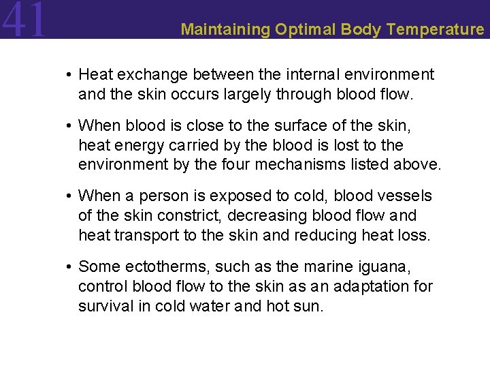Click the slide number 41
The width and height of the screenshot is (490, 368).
[x=24, y=20]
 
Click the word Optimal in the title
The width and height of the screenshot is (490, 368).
[x=302, y=29]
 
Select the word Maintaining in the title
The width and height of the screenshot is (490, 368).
[x=226, y=29]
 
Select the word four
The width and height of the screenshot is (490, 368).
[x=265, y=164]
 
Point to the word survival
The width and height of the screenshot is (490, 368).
[x=103, y=306]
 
